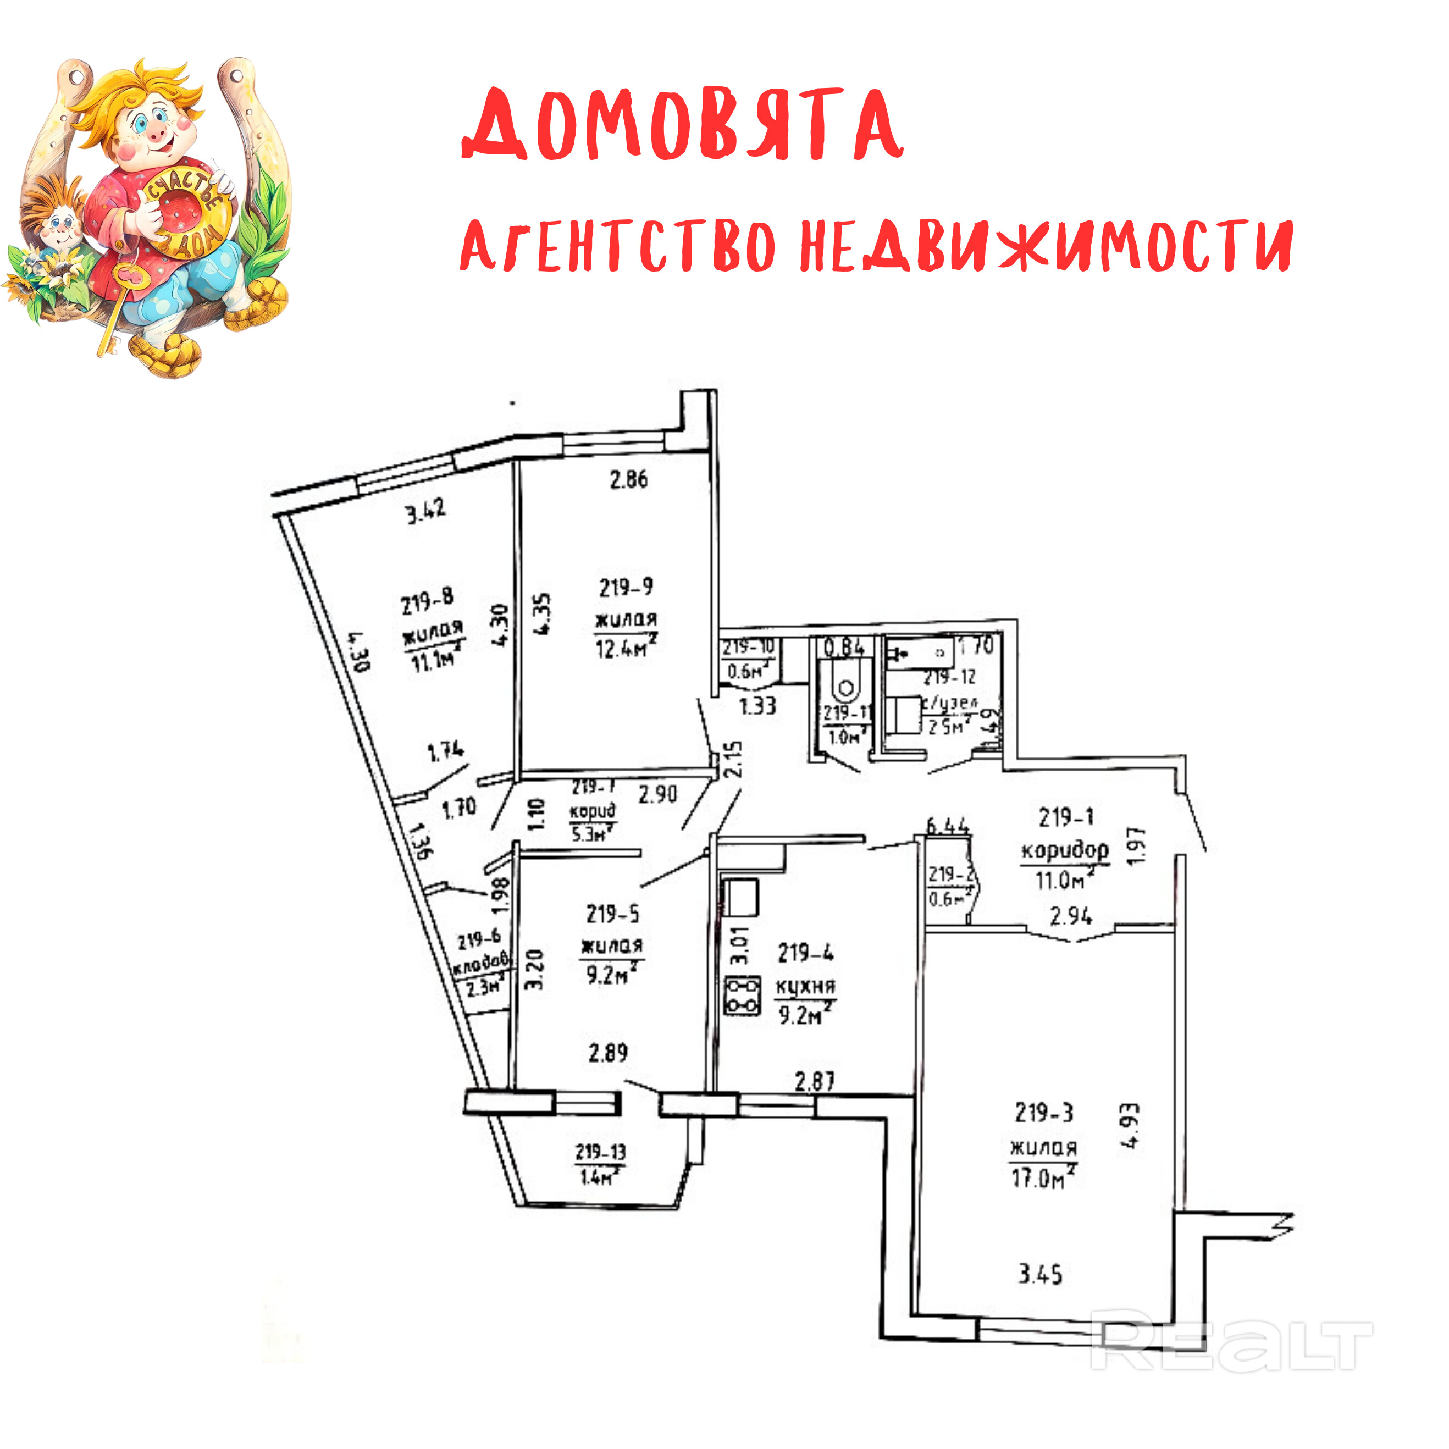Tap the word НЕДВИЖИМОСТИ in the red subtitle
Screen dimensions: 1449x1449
pos(1046,245)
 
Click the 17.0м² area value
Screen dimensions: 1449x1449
pos(1043,1177)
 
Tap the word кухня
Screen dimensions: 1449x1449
pos(805,987)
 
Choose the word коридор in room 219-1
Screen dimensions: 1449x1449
pos(1064,850)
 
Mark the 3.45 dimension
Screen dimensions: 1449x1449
pos(1040,1274)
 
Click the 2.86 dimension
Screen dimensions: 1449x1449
pos(628,479)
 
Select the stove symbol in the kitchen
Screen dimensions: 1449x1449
pos(742,996)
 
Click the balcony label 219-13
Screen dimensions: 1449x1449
pos(600,1151)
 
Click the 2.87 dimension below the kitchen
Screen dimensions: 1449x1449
pos(815,1081)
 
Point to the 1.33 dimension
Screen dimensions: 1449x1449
pos(757,706)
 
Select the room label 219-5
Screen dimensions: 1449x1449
pos(613,914)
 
